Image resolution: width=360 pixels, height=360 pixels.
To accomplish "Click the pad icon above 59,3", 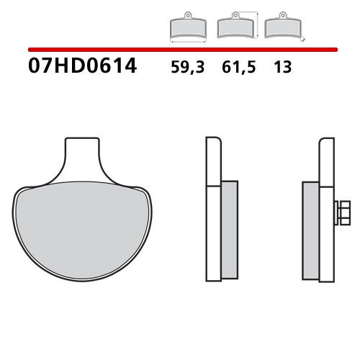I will (x=187, y=28).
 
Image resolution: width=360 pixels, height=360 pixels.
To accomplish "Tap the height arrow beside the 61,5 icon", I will (x=256, y=25).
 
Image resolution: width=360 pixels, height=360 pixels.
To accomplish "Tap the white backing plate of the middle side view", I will (x=213, y=216).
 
